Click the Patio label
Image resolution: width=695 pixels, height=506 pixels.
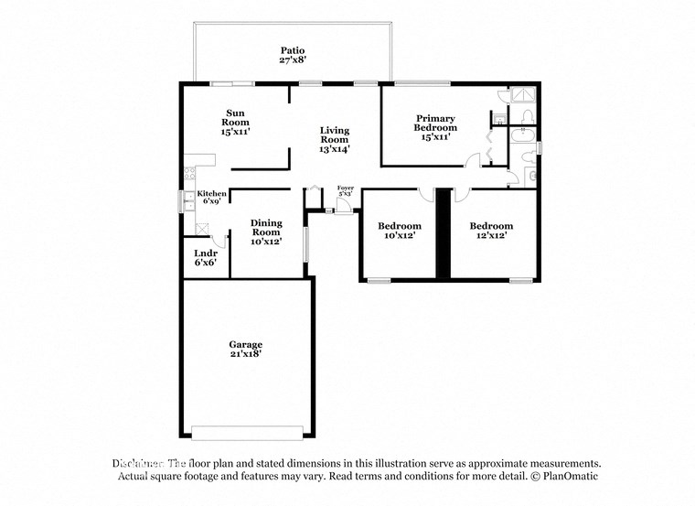pos(293,55)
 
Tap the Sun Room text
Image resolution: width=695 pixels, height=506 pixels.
pos(236,123)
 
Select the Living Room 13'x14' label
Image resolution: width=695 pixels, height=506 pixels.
pos(334,139)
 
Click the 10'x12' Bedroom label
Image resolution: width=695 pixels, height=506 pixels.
pos(400,231)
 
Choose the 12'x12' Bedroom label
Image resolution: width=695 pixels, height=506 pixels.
pos(491,231)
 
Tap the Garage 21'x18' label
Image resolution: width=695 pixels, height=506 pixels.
pos(245,349)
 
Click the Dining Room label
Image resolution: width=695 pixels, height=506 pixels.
pos(266,231)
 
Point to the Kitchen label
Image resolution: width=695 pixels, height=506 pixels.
pos(211,198)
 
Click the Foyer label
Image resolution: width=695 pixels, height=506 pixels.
pos(346,190)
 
